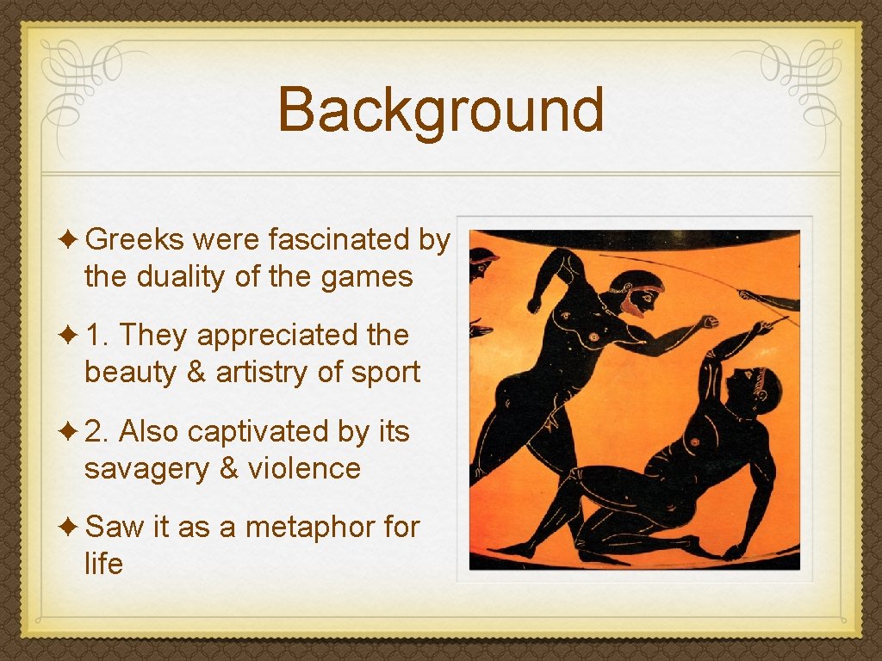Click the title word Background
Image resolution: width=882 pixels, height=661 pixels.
441,111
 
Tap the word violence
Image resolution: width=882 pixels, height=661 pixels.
304,469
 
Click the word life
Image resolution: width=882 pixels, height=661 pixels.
103,565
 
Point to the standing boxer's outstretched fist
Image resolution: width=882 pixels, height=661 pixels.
708,323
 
